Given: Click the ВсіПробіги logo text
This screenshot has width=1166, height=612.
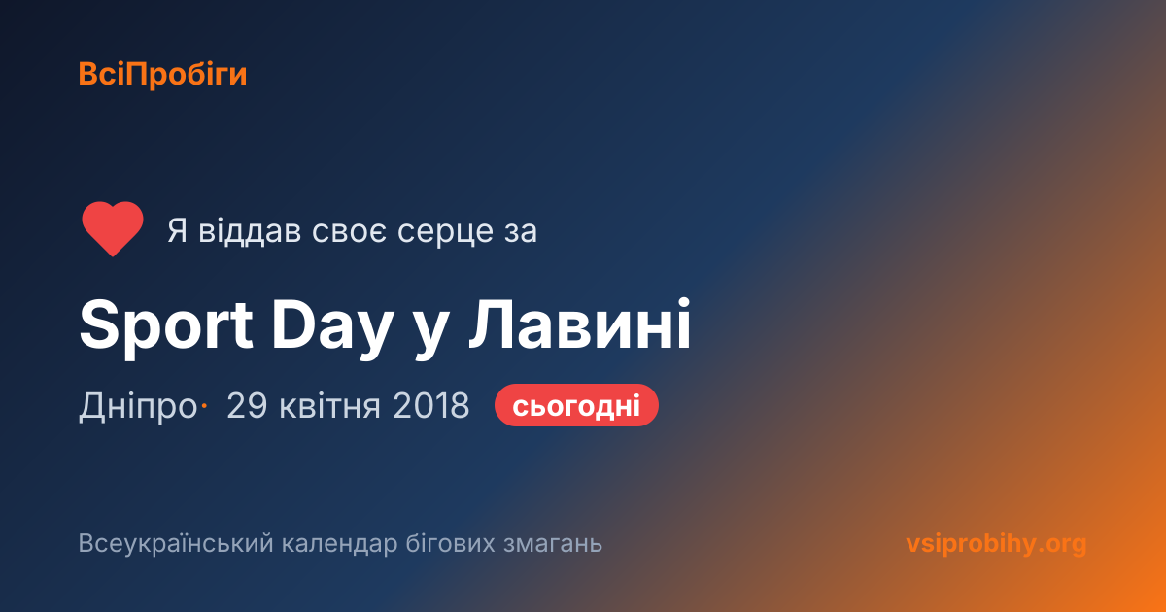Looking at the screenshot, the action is (x=162, y=75).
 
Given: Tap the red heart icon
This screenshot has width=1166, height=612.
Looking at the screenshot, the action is (x=113, y=228).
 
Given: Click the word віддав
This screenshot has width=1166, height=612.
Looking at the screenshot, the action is (x=250, y=230).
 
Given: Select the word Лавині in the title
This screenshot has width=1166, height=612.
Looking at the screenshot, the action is (x=580, y=324).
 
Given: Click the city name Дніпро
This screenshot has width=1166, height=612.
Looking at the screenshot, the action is (x=138, y=405).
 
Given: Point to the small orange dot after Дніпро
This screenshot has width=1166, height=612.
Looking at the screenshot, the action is (x=205, y=405).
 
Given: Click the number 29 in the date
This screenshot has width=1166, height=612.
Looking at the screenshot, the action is (x=247, y=405).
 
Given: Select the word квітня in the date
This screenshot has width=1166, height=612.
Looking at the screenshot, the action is (x=330, y=405).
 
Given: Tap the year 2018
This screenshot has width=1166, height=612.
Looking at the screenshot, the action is (x=431, y=405).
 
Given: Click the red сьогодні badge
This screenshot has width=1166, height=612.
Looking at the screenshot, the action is (x=576, y=405).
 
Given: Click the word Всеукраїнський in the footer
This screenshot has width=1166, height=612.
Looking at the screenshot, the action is (x=176, y=544).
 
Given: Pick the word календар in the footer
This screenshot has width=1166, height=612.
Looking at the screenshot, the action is (x=339, y=544).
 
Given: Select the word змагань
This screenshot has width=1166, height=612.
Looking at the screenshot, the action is (x=553, y=544).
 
